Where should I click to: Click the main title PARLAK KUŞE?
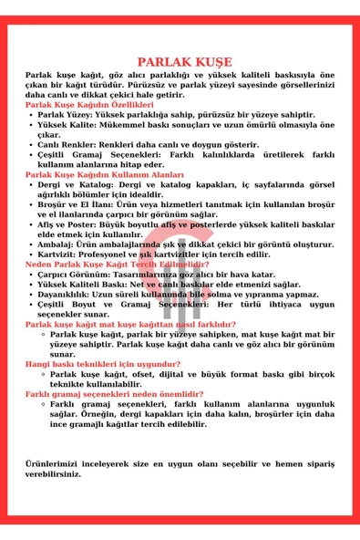pos(180,62)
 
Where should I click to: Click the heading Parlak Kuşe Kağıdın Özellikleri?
pos(89,106)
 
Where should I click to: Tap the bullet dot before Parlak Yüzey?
pos(32,116)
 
